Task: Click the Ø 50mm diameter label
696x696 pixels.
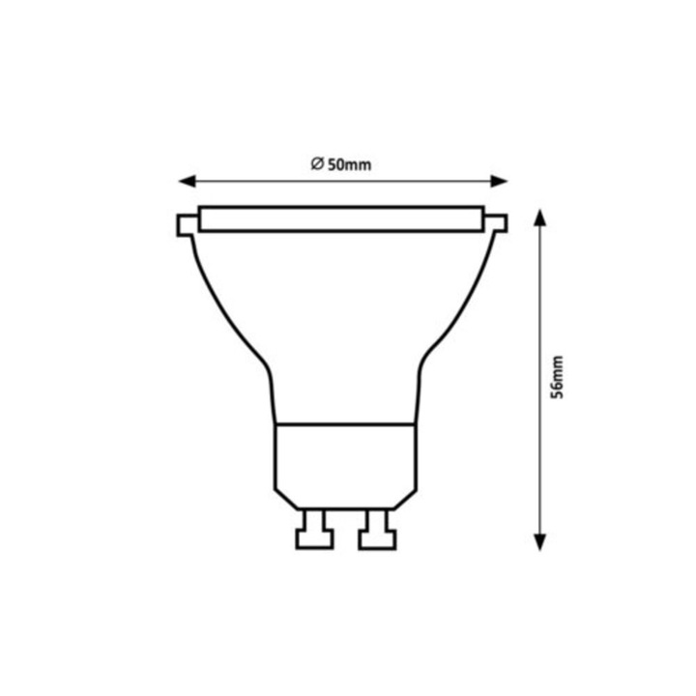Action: pos(341,164)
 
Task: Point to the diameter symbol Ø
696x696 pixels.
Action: pos(316,164)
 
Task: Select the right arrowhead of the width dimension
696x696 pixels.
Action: pos(500,181)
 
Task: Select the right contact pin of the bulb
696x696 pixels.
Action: pos(376,530)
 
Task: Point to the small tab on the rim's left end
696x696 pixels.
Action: pos(186,224)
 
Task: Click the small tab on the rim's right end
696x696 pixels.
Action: pos(496,224)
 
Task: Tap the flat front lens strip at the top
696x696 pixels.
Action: pos(341,219)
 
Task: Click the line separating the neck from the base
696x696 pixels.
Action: pos(345,423)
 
